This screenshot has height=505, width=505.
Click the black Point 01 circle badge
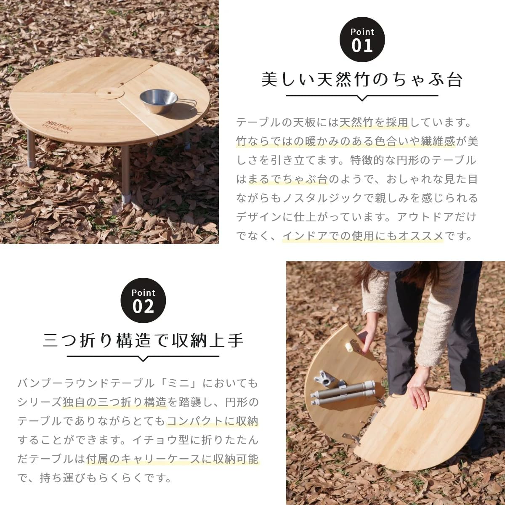[x=362, y=40]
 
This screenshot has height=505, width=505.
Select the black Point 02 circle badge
[x=143, y=301]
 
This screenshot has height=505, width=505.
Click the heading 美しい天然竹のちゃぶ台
[x=362, y=80]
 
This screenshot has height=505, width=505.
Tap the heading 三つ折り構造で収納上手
[x=143, y=340]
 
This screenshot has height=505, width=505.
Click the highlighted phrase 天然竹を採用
[x=374, y=122]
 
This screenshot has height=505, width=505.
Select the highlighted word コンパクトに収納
[x=213, y=421]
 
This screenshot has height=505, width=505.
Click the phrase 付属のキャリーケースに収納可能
[x=172, y=459]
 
